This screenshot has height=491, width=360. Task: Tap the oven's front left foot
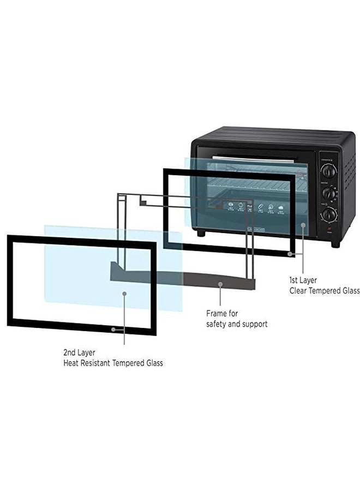pos(201,233)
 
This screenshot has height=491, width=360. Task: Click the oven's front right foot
pos(335,244)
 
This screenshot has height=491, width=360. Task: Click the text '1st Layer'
pos(303,280)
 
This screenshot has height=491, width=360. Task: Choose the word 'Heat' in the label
pos(71,363)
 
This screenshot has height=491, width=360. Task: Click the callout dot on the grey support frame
pos(220,284)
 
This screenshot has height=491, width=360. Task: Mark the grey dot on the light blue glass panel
pos(124,294)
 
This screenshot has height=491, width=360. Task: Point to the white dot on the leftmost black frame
pos(113,329)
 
